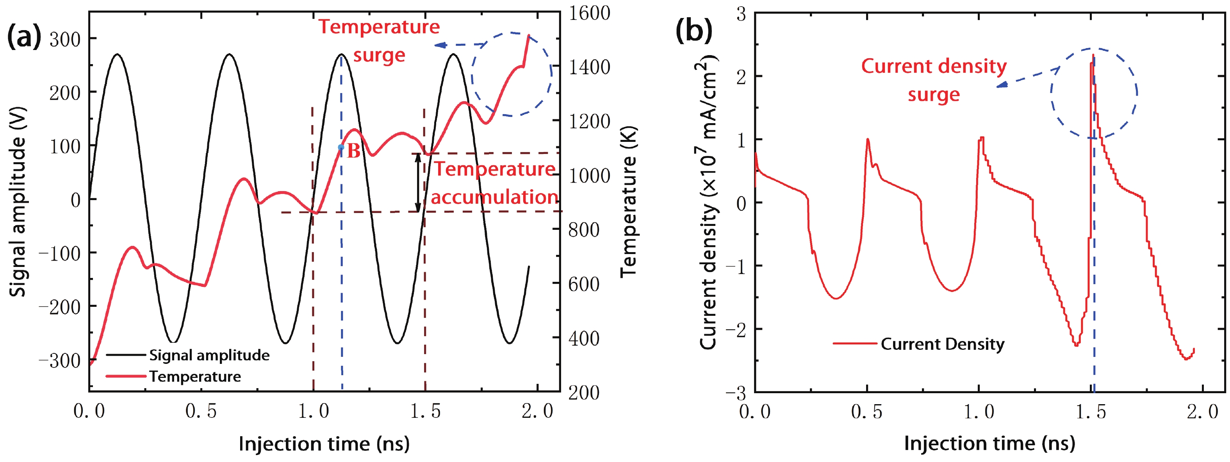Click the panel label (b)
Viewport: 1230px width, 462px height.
click(x=693, y=31)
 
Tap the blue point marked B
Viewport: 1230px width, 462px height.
click(x=341, y=147)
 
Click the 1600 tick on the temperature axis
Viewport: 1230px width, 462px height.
click(x=589, y=13)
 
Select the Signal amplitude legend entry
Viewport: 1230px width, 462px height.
click(x=209, y=355)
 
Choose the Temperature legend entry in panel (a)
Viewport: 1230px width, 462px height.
click(x=194, y=376)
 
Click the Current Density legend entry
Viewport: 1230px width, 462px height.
click(x=942, y=344)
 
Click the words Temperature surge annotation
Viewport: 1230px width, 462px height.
click(x=379, y=41)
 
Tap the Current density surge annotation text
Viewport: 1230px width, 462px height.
click(x=934, y=80)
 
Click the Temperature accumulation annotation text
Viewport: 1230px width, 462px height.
click(x=494, y=183)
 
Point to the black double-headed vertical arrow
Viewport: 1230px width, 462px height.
click(x=418, y=183)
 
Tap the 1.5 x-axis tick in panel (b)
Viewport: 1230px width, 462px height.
click(x=1091, y=411)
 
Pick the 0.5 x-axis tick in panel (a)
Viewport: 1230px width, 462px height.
click(x=201, y=411)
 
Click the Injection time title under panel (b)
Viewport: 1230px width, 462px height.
click(x=989, y=443)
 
